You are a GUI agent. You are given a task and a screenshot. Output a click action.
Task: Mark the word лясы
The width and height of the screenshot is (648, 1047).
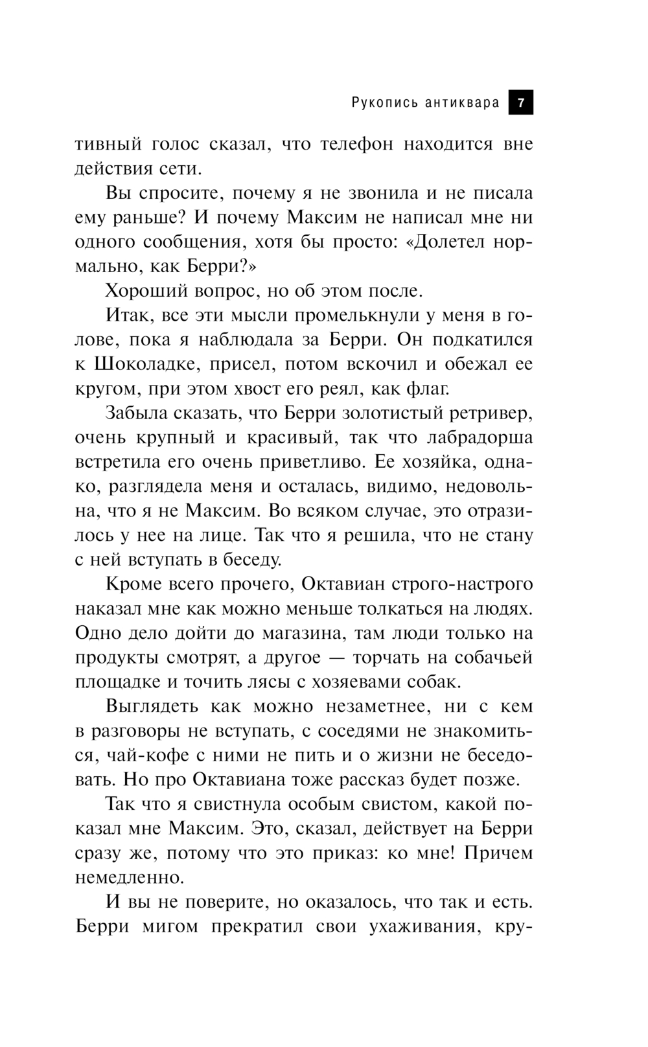click(277, 682)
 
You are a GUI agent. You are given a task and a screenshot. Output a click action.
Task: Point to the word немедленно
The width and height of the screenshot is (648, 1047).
click(130, 878)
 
